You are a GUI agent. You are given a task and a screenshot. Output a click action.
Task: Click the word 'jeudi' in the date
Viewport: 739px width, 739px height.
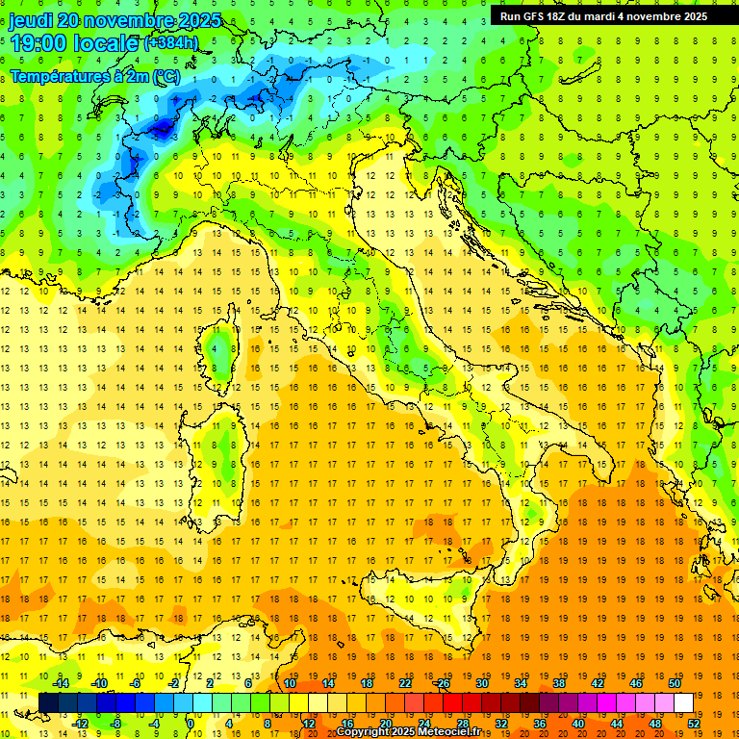click(30, 20)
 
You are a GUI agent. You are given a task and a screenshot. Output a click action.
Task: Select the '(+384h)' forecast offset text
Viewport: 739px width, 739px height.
click(171, 43)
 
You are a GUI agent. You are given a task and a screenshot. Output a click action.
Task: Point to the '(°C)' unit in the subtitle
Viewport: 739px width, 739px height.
click(165, 75)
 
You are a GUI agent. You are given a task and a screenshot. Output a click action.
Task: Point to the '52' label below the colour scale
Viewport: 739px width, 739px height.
click(695, 723)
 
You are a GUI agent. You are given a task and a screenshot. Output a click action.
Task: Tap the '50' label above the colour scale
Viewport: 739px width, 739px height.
click(675, 683)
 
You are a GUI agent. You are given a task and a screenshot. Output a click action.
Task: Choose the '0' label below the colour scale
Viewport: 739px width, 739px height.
click(191, 723)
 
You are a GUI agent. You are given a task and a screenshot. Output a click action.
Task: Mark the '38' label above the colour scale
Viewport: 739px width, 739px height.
click(558, 683)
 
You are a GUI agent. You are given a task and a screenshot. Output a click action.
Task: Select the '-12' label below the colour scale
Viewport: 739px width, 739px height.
click(80, 723)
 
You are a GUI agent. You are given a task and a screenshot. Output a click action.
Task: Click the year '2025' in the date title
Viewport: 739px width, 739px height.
click(200, 20)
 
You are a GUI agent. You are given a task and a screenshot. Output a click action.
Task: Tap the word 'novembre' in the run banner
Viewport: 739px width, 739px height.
click(653, 15)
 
